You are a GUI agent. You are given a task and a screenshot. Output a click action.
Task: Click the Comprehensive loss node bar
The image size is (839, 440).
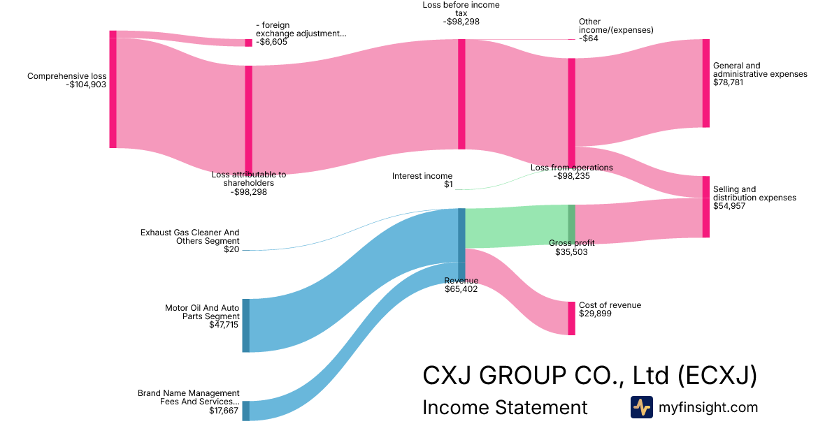(x=113, y=89)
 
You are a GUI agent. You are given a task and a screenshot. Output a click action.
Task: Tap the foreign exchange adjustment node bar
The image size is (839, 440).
(x=248, y=43)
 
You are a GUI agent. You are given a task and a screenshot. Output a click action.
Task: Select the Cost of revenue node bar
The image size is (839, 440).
(x=571, y=318)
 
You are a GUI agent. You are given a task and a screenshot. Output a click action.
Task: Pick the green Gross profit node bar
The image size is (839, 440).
(x=571, y=223)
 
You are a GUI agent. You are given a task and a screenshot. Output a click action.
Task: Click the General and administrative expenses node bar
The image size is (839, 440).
(x=705, y=83)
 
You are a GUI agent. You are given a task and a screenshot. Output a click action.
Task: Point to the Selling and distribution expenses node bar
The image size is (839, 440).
(x=705, y=207)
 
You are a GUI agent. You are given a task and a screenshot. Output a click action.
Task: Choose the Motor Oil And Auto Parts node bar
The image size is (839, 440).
(x=245, y=325)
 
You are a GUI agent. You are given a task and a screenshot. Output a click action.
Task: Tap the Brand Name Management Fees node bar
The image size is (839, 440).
(x=245, y=411)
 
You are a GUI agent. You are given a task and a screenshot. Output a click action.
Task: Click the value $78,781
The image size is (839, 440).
(x=728, y=82)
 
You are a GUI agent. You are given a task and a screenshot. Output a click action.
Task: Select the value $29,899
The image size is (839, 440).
(x=594, y=314)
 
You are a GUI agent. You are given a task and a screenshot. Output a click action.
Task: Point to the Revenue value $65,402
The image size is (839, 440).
(x=461, y=289)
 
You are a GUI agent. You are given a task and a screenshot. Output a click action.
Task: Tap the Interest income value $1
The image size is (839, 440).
(x=448, y=185)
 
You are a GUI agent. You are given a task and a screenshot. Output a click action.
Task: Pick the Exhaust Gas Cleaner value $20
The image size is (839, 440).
(x=231, y=249)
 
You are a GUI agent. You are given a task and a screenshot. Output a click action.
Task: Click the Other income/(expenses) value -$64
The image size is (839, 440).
(x=589, y=38)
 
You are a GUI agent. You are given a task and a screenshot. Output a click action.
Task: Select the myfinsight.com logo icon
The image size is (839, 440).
(x=641, y=407)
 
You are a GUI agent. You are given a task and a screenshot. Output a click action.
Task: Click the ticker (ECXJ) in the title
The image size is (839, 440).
(x=717, y=376)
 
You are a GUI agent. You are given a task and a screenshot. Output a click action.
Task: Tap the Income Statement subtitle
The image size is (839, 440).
(x=505, y=407)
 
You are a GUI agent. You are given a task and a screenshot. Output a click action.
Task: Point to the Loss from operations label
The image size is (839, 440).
(x=571, y=168)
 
